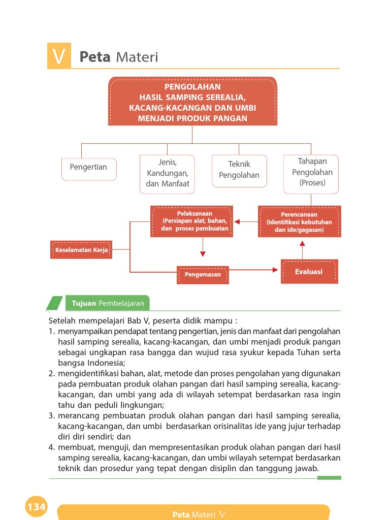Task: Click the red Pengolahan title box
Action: [x=192, y=101]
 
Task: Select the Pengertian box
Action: [x=89, y=169]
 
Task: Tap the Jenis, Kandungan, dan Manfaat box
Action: [x=167, y=174]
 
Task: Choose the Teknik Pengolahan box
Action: [x=239, y=171]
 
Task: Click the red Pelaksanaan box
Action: [x=192, y=221]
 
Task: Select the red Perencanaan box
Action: [x=300, y=222]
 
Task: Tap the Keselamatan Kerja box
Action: [x=81, y=250]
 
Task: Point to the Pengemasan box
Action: [x=203, y=275]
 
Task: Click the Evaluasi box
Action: [x=309, y=272]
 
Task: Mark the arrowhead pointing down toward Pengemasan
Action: [x=203, y=253]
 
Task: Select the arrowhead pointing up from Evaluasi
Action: [x=302, y=244]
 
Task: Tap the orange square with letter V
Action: [x=59, y=56]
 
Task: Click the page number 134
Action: [x=37, y=506]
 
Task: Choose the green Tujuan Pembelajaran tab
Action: [x=108, y=304]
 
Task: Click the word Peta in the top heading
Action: [x=95, y=57]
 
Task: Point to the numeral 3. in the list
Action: [x=52, y=415]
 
